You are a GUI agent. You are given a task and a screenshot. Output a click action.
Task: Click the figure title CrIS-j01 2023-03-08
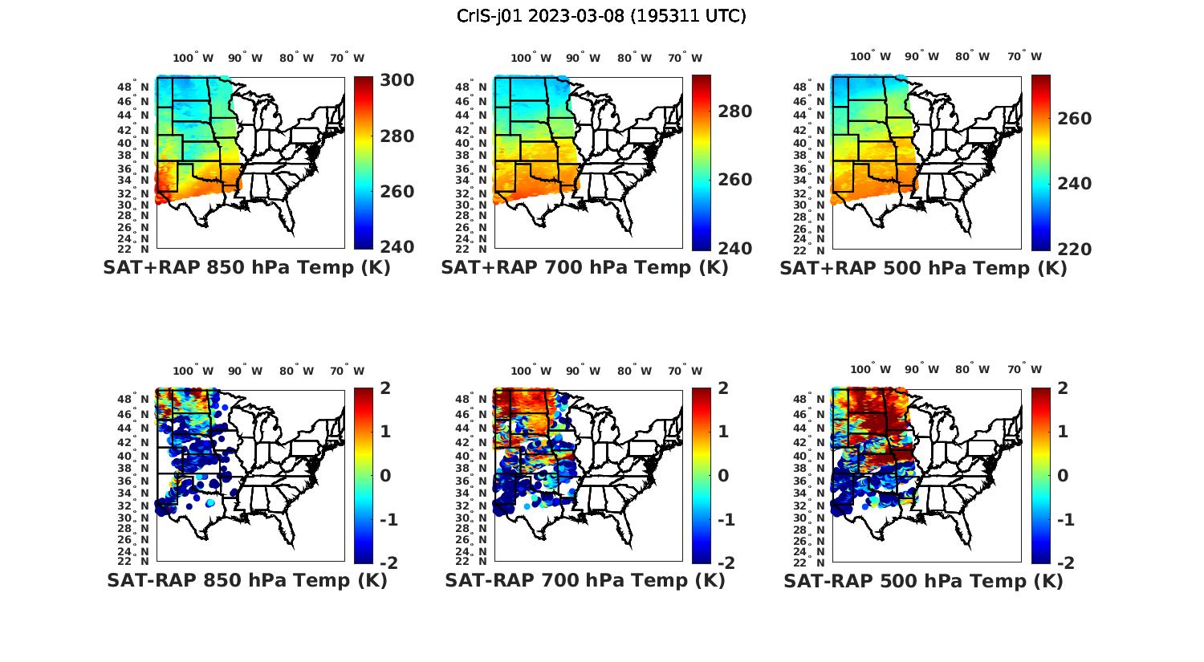coord(601,16)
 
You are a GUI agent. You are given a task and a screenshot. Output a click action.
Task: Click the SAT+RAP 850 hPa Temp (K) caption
coord(246,268)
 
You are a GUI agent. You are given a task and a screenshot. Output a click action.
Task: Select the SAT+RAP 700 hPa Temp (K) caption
coord(584,268)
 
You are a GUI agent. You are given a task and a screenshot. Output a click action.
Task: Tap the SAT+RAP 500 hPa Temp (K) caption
coord(923,268)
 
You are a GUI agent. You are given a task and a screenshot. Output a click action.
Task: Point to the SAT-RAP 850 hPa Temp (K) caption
coord(246,580)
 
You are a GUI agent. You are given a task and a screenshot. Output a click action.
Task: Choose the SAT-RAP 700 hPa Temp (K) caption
coord(584,580)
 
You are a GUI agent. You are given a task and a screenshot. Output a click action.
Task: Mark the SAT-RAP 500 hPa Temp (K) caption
coord(923,580)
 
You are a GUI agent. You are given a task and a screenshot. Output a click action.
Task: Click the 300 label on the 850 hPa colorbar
coord(397,80)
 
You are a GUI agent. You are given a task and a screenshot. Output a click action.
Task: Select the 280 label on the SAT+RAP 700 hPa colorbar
coord(734,112)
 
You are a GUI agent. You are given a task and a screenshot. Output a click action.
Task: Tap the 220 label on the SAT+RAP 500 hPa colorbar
coord(1074,250)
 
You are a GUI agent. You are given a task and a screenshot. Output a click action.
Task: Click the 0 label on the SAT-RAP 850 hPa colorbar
coord(384,476)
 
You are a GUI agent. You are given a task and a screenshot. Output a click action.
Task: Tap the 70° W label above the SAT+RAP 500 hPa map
coord(1024,57)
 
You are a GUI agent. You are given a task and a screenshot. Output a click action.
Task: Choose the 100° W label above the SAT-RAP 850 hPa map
coord(193,371)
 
